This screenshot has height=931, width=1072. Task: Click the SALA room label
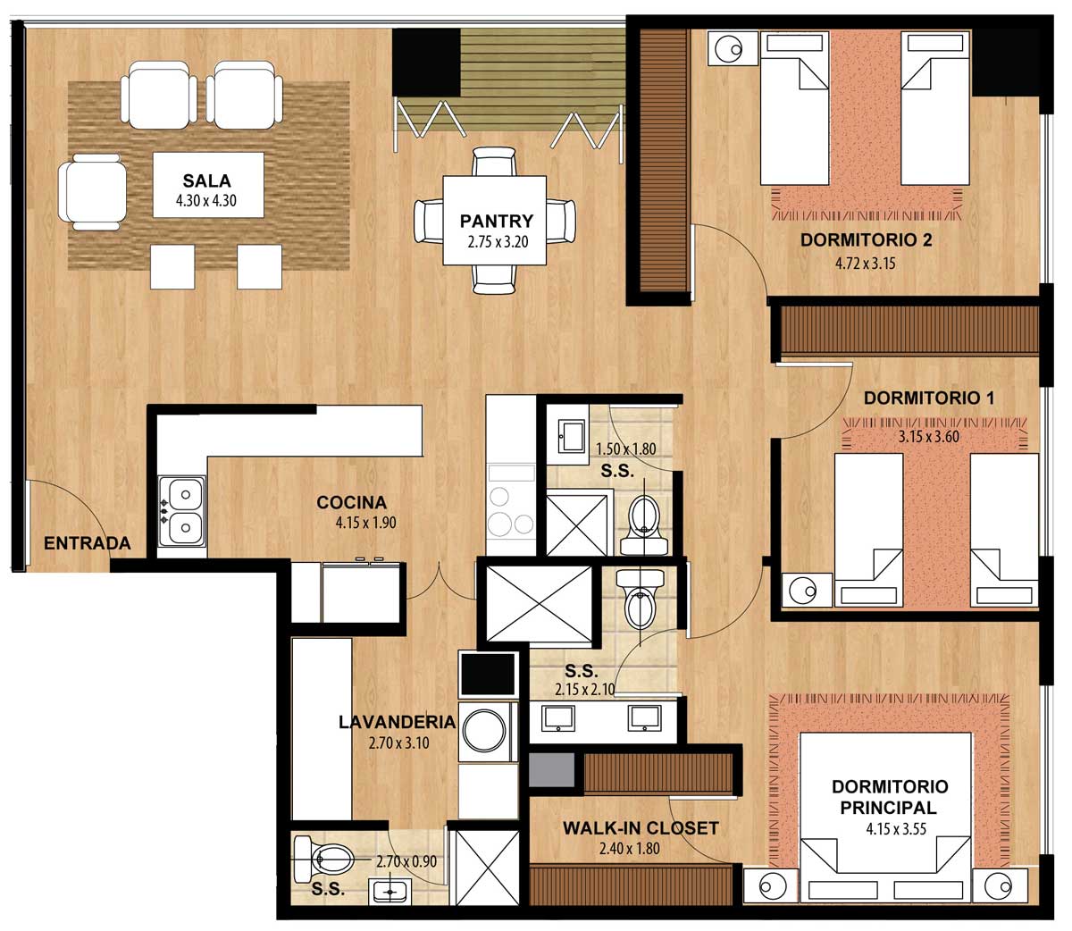206,180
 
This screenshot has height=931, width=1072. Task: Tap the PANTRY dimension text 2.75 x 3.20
498,242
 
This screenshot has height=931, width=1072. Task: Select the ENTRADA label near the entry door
87,543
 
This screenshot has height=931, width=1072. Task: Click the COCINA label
352,502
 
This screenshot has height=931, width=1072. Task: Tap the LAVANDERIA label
397,722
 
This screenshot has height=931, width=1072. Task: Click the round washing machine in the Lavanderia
485,730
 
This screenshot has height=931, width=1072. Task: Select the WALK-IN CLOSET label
641,827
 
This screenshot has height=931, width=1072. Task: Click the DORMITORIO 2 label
867,240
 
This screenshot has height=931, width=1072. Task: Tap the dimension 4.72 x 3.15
865,263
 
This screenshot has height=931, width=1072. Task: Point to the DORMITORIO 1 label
929,398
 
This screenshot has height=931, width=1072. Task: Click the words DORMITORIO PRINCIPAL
889,797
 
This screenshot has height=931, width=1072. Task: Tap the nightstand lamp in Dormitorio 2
733,49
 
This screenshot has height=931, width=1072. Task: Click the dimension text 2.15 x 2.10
585,690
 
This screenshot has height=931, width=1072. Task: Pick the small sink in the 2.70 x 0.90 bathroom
389,892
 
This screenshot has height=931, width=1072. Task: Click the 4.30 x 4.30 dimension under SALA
205,201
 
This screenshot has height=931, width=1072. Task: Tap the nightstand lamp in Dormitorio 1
806,591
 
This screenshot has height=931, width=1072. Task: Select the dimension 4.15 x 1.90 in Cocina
365,523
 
